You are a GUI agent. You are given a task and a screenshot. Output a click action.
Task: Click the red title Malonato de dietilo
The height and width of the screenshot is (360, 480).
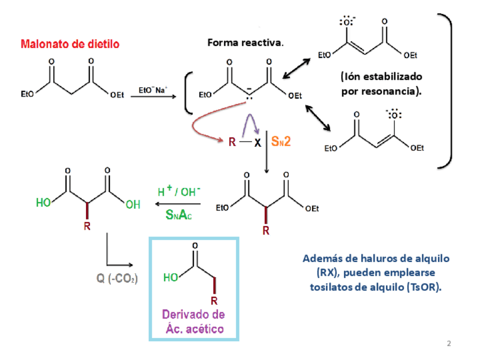tap(70, 44)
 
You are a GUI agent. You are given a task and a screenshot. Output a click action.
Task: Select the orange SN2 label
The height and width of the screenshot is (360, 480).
tap(281, 142)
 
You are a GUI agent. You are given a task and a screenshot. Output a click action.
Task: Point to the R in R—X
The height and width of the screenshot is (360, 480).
tap(232, 143)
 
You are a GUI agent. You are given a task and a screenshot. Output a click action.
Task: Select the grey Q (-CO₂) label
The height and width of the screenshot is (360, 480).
tap(115, 279)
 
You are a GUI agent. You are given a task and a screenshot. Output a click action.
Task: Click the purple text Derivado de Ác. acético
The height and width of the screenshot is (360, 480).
tap(194, 322)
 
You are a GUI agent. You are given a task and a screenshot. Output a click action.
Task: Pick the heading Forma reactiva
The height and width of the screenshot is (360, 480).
tap(246, 43)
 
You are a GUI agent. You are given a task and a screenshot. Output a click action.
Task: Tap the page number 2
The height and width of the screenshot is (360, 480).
tap(449, 344)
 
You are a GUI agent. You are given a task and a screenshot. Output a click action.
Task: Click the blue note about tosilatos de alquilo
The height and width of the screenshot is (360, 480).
tap(376, 273)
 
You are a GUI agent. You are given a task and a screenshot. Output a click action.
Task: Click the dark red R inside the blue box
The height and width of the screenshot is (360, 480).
tap(214, 300)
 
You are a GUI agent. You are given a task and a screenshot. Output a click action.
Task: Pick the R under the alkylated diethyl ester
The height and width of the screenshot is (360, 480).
tap(266, 231)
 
